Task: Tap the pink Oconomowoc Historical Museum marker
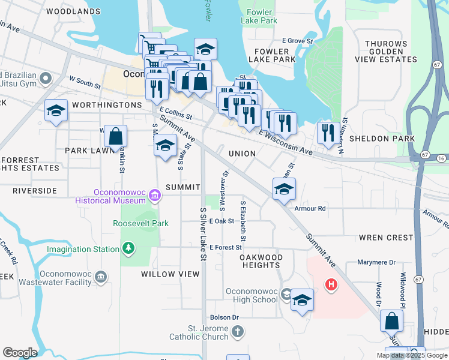(155, 194)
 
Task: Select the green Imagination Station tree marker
(127, 247)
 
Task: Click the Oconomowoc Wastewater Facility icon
(101, 277)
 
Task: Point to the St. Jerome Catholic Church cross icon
(238, 331)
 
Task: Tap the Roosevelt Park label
(140, 223)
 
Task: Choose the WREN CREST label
(386, 238)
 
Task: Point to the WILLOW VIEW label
(170, 274)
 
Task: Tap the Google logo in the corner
(20, 353)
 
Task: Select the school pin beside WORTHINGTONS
(56, 110)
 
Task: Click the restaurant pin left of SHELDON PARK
(328, 133)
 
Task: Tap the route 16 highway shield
(441, 157)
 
